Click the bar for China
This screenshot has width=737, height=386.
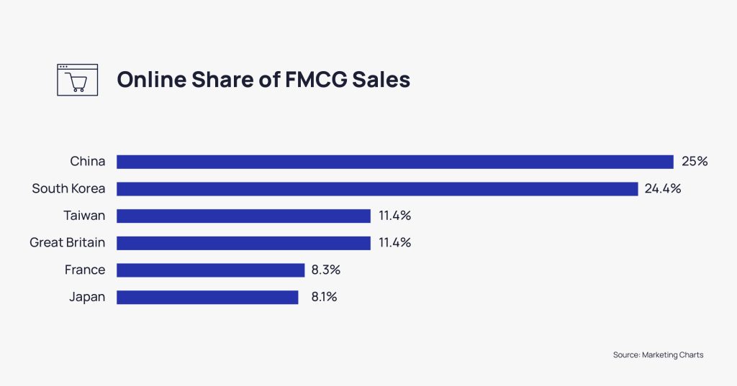[394, 162]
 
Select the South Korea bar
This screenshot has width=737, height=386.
[377, 189]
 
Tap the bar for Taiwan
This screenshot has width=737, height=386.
[243, 216]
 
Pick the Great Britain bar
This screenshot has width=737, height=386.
[243, 243]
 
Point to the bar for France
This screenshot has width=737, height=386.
[210, 270]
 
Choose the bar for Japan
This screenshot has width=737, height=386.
[207, 297]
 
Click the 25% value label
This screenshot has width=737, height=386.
[695, 162]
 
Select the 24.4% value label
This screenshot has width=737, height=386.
[664, 189]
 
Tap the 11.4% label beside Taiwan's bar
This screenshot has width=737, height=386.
[395, 216]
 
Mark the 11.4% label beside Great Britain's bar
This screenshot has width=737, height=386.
[395, 243]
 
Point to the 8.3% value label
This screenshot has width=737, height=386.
[326, 270]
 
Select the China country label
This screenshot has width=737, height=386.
[87, 162]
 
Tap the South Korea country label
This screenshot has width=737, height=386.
[68, 189]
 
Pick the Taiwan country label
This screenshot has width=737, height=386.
[83, 216]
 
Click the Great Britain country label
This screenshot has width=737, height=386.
[67, 243]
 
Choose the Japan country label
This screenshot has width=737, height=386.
[87, 297]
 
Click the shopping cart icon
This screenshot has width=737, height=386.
[77, 80]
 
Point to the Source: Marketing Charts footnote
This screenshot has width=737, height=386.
[658, 355]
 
